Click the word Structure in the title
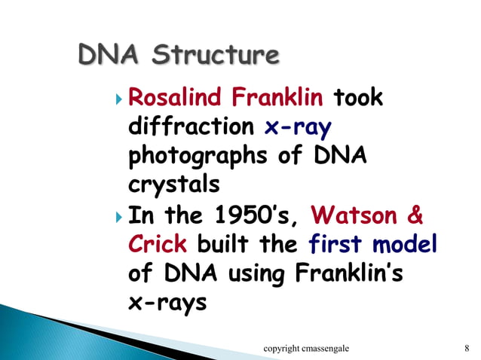219,56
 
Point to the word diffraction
191,127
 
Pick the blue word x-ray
298,127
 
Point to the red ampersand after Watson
414,216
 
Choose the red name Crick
159,246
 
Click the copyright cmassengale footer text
311,347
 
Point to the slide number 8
467,347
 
